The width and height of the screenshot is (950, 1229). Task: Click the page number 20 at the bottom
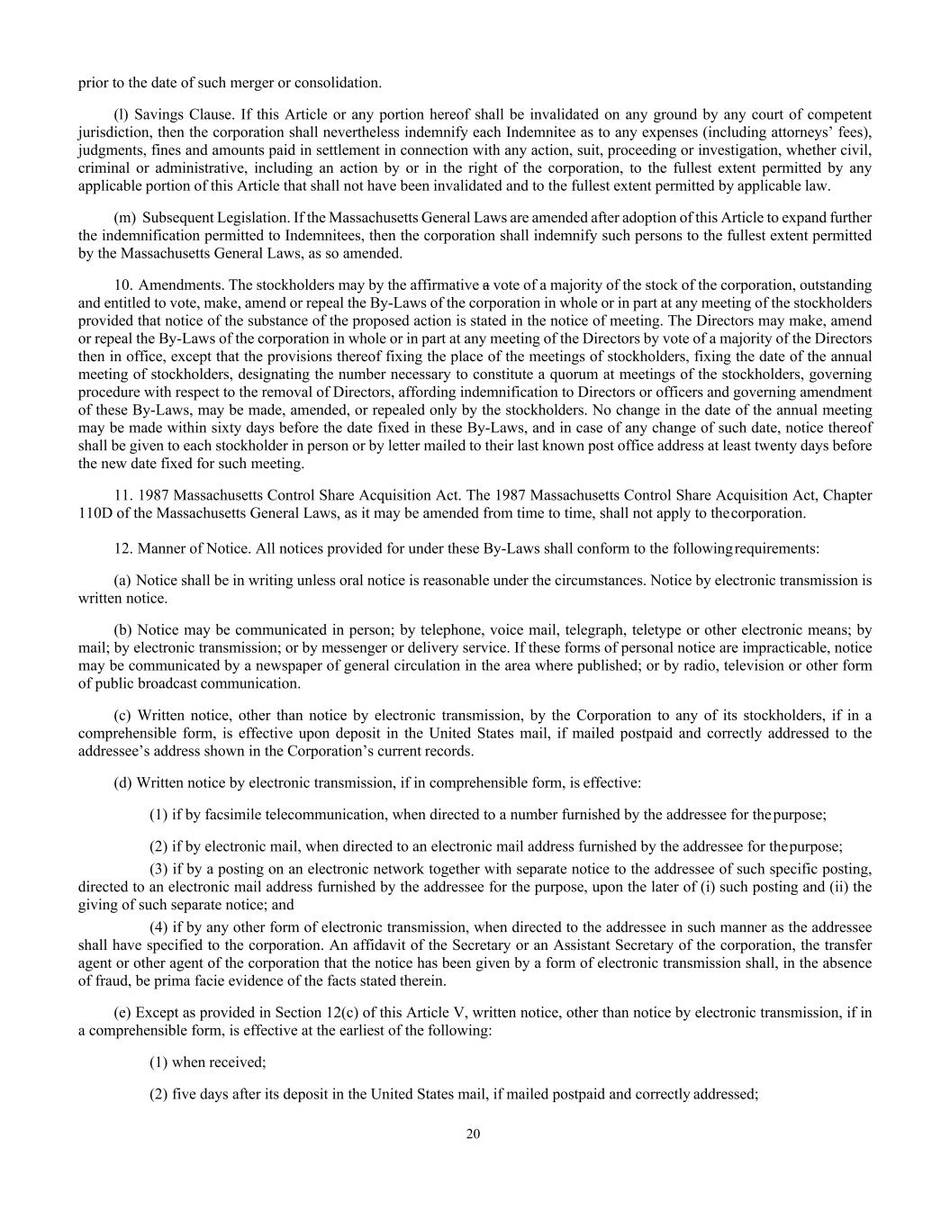click(x=474, y=1134)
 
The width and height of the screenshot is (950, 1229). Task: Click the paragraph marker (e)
click(x=122, y=1012)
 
